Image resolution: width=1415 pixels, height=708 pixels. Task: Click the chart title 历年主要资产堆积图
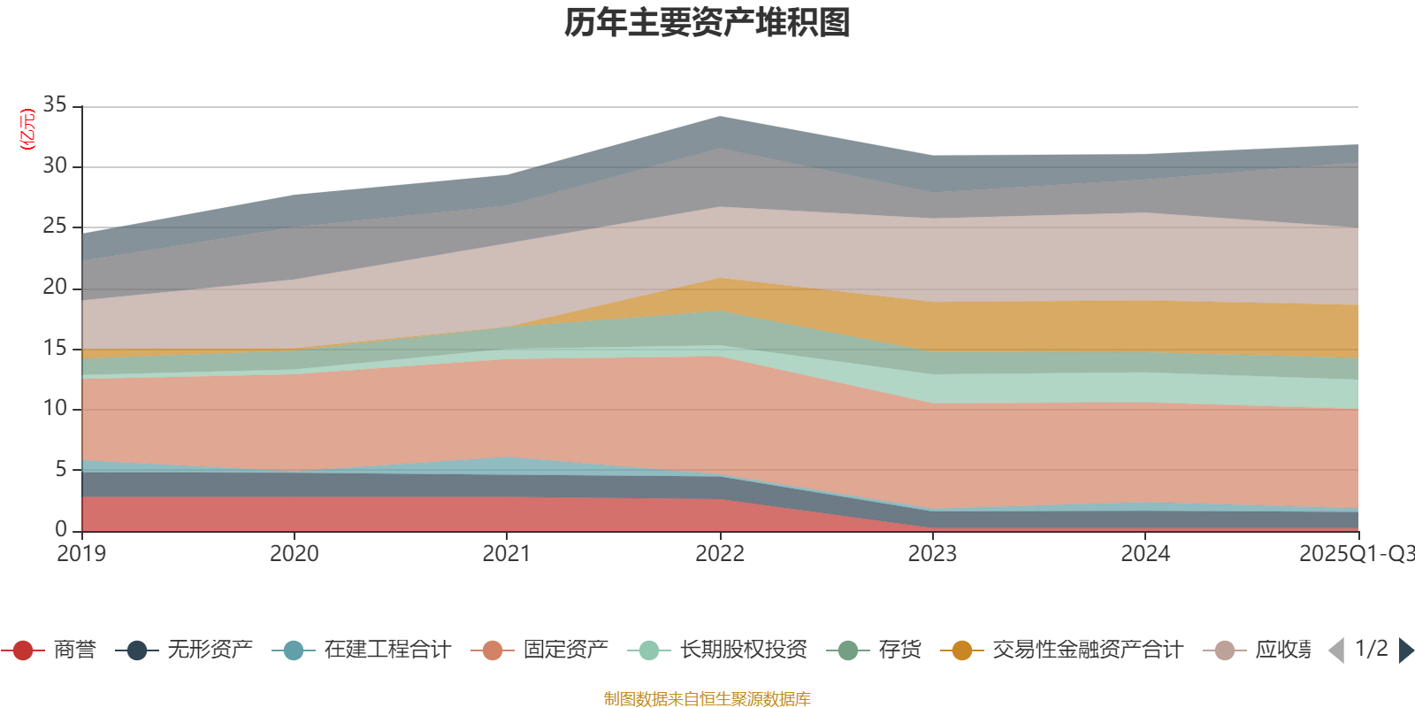(x=707, y=23)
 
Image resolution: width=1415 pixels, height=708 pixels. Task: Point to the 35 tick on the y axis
(x=55, y=105)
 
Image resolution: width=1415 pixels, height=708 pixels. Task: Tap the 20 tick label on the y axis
(x=55, y=287)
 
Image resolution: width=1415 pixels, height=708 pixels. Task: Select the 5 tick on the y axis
(x=61, y=469)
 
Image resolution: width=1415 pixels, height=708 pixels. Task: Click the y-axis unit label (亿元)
(x=27, y=129)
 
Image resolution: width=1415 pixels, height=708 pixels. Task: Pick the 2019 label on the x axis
(x=81, y=554)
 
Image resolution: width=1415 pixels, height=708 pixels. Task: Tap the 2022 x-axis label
(x=720, y=554)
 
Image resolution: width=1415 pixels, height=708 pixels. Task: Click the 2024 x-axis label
(x=1145, y=554)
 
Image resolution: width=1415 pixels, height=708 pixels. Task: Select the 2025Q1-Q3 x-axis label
(x=1356, y=554)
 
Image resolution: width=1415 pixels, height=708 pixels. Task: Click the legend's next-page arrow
(x=1405, y=650)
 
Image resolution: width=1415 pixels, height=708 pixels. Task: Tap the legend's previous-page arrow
(x=1336, y=650)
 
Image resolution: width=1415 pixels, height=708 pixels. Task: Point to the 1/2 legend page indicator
(x=1371, y=649)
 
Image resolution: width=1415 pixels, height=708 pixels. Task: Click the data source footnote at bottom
(x=707, y=699)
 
